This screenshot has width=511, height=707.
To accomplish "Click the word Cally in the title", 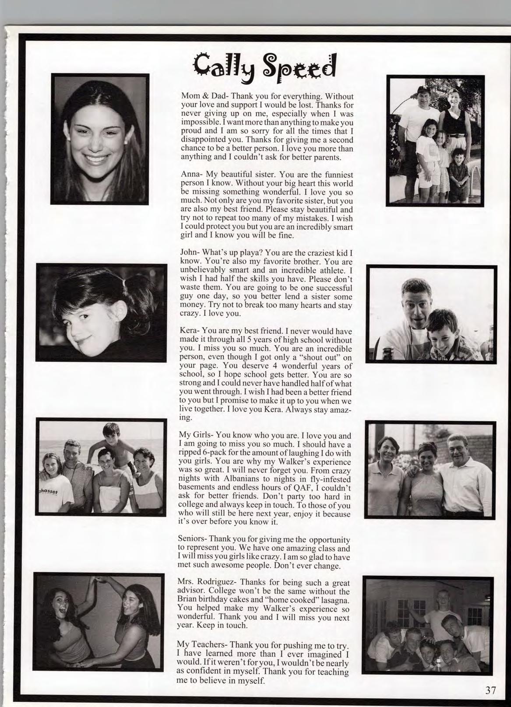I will click(221, 67).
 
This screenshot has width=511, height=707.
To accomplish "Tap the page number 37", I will click(490, 690).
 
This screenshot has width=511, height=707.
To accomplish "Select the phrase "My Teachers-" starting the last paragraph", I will click(201, 645).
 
